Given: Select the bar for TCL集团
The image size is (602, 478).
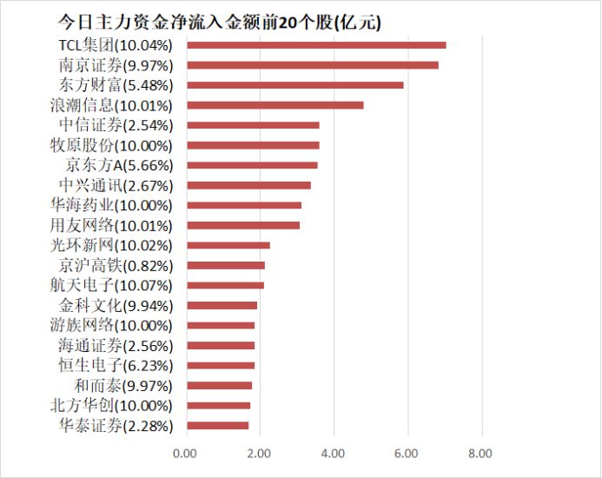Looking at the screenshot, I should point(316,45).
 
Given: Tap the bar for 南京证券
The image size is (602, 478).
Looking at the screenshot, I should point(313,65).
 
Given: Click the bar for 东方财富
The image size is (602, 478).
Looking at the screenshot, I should point(295,85).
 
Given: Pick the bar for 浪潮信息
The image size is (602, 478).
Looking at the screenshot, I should point(275,105).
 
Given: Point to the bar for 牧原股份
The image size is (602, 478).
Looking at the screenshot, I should point(253,145).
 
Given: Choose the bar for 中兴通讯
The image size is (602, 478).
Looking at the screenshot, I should point(248,185).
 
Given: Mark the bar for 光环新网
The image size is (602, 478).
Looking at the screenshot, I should point(228,246).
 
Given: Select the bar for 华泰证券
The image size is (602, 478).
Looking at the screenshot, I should point(217,426).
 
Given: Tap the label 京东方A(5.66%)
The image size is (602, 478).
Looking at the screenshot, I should point(119,165).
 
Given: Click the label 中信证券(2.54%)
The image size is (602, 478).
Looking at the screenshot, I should point(116,125).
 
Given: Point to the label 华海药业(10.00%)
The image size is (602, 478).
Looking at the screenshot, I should point(112,205).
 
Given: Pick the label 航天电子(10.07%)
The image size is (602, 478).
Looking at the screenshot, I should point(112,285).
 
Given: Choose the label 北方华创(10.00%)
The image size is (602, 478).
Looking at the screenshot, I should point(112,406).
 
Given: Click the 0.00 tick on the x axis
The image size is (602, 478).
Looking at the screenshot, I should point(185,453).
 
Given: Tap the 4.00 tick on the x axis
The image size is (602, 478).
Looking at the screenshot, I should point(333,453).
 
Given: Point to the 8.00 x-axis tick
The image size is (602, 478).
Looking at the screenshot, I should point(480,453).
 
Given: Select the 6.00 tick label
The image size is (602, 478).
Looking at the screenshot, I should point(407,453).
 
